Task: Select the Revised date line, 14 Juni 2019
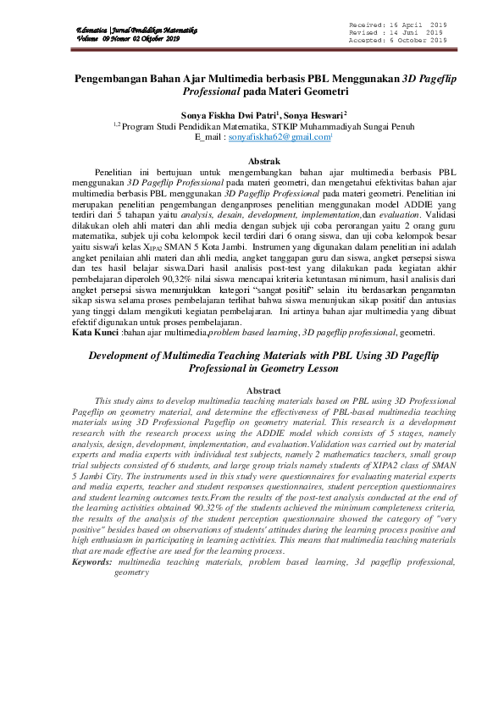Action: [x=397, y=33]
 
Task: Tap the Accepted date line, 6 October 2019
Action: [x=397, y=40]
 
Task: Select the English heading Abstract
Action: [x=251, y=390]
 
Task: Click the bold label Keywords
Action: [x=92, y=562]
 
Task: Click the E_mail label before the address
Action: [x=209, y=136]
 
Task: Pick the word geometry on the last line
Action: [x=131, y=572]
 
